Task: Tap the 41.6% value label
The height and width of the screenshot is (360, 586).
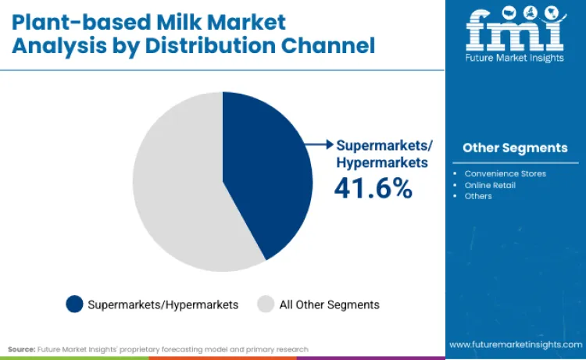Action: pos(373,188)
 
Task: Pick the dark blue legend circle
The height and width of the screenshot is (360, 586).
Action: pos(74,304)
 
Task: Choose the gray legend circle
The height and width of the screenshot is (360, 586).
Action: pos(266,304)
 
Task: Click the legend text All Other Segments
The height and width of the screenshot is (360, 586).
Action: pos(329,305)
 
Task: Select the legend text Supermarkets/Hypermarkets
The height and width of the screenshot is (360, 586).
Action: pos(163,305)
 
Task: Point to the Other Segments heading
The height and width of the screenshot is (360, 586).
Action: pos(515,148)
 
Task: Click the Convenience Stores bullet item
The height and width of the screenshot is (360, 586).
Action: pos(505,173)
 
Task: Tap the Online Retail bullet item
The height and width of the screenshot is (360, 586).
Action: pos(490,185)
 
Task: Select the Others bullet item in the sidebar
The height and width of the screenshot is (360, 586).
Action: pos(478,196)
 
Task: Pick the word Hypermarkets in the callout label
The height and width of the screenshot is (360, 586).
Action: pos(381,162)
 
